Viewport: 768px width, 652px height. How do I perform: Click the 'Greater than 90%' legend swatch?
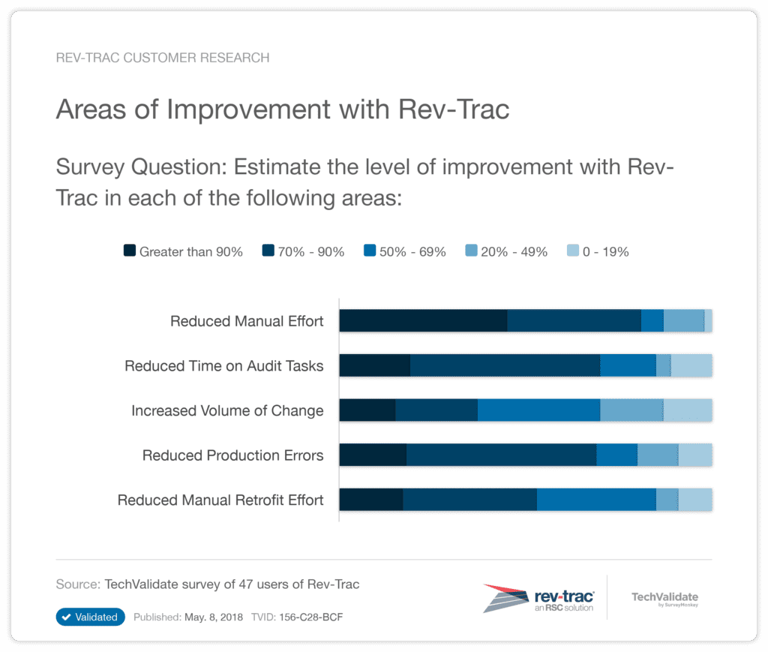[x=128, y=251]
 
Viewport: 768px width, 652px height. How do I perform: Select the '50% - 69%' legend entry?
[x=404, y=252]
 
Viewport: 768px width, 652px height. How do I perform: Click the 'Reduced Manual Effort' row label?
[x=247, y=321]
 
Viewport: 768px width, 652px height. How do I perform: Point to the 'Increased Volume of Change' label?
[x=227, y=410]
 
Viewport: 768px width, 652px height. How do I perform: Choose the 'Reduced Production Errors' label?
[x=232, y=455]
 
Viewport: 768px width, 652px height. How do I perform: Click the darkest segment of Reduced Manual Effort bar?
[x=423, y=320]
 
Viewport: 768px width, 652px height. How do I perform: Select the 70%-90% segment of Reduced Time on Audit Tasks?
[x=505, y=365]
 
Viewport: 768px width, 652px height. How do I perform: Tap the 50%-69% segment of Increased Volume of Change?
[x=538, y=410]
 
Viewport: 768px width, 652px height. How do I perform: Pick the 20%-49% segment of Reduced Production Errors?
[x=658, y=455]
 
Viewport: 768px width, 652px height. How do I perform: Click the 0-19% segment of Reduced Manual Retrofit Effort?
[x=695, y=500]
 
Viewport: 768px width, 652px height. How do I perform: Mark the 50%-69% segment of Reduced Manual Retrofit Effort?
[x=596, y=500]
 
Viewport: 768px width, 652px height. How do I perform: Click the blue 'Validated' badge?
[x=90, y=617]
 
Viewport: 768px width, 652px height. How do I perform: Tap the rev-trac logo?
[x=539, y=598]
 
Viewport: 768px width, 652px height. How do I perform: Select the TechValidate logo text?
[x=664, y=598]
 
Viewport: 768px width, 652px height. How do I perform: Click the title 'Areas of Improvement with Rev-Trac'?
[x=283, y=110]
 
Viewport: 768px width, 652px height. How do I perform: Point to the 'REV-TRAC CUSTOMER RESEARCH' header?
[x=163, y=58]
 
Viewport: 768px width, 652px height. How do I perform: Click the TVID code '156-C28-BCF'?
[x=311, y=617]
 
